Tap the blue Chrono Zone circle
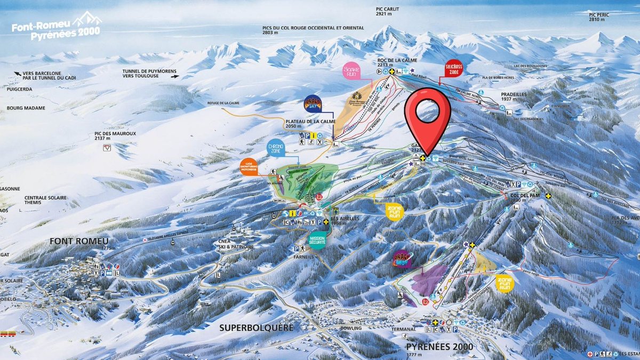(276, 149)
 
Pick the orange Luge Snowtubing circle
(250, 166)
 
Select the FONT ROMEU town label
(78, 241)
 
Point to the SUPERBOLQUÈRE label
(256, 327)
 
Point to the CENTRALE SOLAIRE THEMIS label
(46, 201)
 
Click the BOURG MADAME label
(26, 108)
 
